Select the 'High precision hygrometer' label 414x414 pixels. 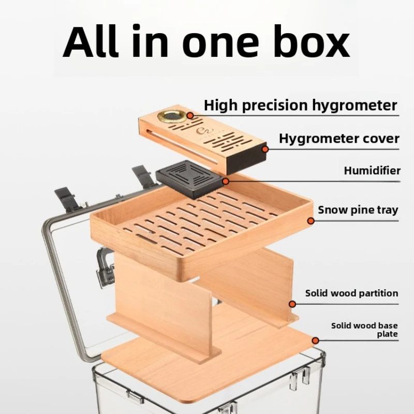pyautogui.click(x=300, y=105)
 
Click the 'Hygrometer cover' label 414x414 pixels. pyautogui.click(x=339, y=139)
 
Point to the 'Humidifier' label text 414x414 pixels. pyautogui.click(x=372, y=170)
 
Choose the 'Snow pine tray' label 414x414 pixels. pyautogui.click(x=358, y=210)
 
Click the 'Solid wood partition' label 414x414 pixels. pyautogui.click(x=351, y=293)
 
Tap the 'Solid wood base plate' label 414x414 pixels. pyautogui.click(x=364, y=330)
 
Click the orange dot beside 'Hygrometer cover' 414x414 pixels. pyautogui.click(x=265, y=149)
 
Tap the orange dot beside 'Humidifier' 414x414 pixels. pyautogui.click(x=226, y=182)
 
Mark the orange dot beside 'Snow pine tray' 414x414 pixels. pyautogui.click(x=310, y=220)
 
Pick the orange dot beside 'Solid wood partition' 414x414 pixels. pyautogui.click(x=293, y=304)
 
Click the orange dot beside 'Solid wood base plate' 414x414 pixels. pyautogui.click(x=315, y=340)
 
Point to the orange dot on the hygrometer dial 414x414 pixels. pyautogui.click(x=189, y=115)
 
